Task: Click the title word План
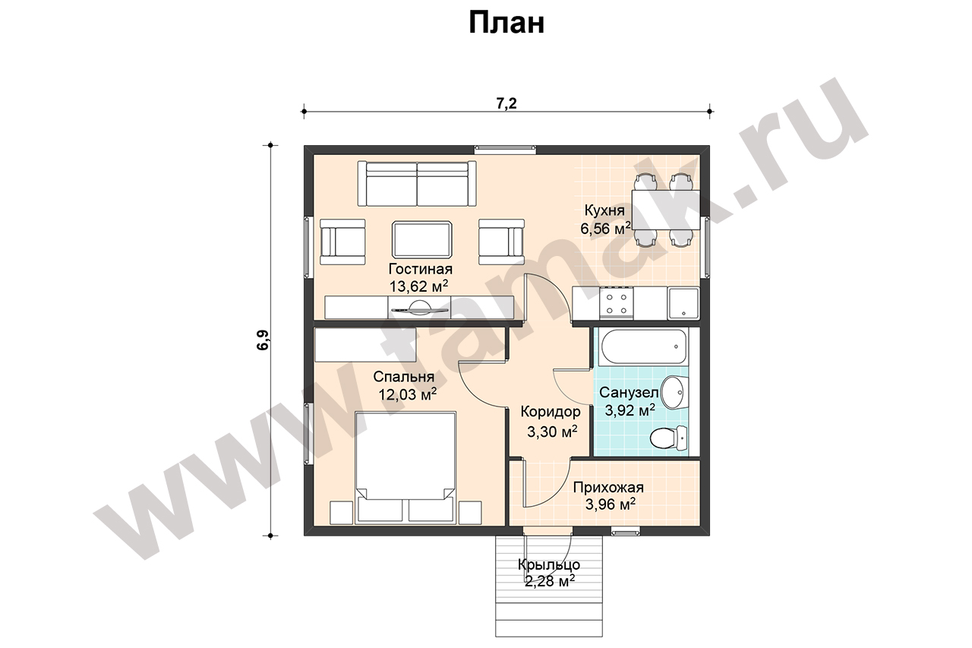point(507,24)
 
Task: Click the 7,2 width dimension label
point(507,103)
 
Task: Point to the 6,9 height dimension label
point(264,340)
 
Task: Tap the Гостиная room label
point(420,269)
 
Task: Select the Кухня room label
point(604,210)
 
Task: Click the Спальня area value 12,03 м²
point(408,394)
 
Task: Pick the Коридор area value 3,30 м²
point(552,431)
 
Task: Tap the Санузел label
point(629,392)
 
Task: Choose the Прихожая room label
point(608,488)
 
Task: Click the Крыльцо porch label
point(549,564)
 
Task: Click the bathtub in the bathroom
point(644,346)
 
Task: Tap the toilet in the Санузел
point(668,438)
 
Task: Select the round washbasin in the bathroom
point(674,392)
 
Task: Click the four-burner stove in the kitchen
point(616,304)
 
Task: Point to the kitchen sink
point(683,303)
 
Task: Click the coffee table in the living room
point(422,239)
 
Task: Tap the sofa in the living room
point(417,184)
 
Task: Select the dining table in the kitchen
point(666,210)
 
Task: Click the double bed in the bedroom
point(406,468)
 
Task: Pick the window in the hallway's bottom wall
point(626,532)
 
